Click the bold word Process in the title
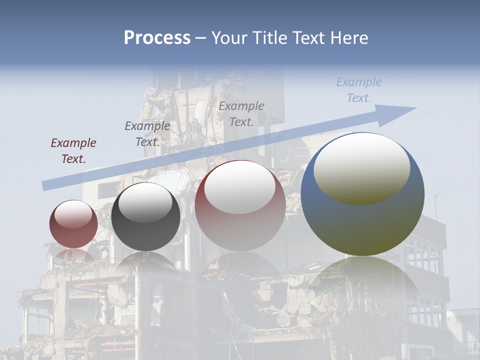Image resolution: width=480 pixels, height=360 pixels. (x=157, y=38)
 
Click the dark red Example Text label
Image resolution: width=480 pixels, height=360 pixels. (x=73, y=151)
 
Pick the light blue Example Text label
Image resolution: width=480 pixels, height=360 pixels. (x=359, y=90)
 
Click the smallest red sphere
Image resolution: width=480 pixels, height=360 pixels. (x=73, y=224)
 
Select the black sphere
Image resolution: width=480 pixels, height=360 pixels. (x=145, y=217)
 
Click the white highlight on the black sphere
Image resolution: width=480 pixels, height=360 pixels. (x=145, y=202)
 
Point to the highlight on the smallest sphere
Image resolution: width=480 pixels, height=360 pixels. (x=73, y=214)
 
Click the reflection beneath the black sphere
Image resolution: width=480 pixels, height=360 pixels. (x=145, y=262)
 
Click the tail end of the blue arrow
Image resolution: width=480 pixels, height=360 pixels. (x=46, y=185)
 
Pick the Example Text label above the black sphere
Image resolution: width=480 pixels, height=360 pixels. (x=147, y=134)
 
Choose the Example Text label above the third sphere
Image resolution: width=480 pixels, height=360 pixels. (x=241, y=113)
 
